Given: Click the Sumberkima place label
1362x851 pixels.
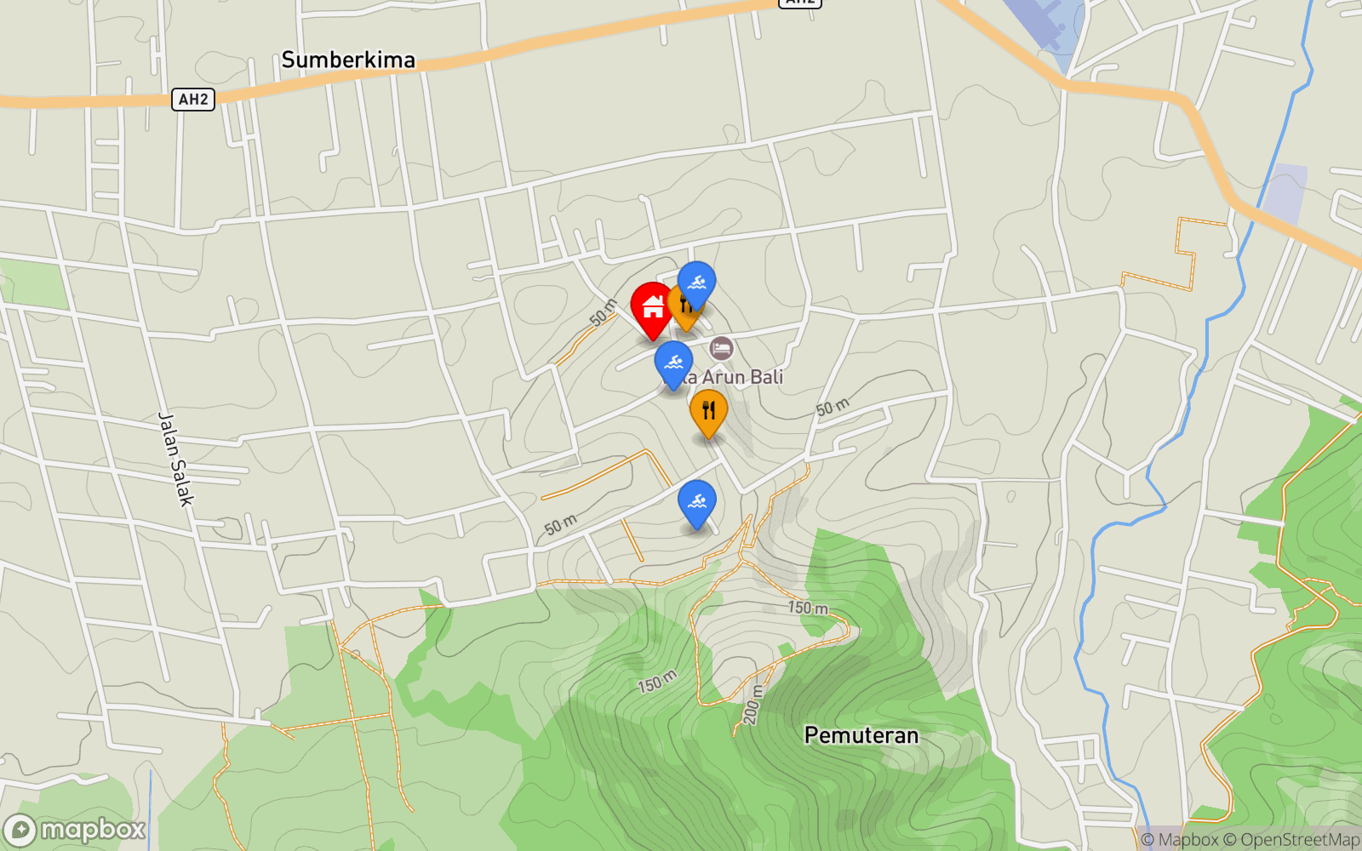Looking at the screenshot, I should [348, 60].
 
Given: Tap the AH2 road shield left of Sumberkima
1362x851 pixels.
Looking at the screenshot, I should [193, 99].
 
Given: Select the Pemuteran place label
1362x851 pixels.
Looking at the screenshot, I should [861, 735].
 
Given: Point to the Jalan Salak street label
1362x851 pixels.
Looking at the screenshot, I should [176, 460].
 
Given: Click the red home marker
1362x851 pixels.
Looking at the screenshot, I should [653, 307].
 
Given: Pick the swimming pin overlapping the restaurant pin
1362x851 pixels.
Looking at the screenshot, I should [696, 283].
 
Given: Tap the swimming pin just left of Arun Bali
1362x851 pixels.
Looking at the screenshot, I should [673, 363].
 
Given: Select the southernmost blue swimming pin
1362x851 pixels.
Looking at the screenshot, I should [696, 501].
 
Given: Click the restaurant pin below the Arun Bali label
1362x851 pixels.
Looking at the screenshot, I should [708, 411].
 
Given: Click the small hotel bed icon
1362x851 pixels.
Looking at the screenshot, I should [721, 347].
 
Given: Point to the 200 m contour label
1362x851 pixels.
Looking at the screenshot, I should [752, 705].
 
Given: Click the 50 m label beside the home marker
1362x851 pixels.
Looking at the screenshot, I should [604, 313].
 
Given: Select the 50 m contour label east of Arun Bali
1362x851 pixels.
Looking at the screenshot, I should [833, 408].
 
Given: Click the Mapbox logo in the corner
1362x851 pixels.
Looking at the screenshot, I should [75, 830].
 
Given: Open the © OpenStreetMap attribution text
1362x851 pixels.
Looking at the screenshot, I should [1291, 840].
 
